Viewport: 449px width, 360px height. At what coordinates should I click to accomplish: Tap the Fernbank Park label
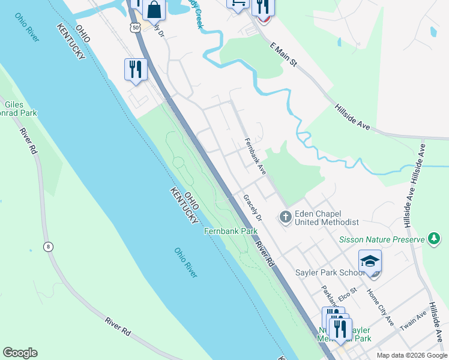(231, 231)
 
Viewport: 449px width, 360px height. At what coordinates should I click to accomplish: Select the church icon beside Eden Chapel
(286, 217)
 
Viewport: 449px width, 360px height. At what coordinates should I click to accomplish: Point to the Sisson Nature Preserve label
(382, 239)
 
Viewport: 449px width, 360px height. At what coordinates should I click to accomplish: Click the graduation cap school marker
(370, 262)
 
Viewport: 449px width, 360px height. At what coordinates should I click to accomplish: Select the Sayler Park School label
(329, 272)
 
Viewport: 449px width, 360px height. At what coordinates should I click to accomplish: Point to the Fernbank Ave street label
(255, 157)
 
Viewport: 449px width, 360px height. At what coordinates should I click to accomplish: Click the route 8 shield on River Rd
(47, 246)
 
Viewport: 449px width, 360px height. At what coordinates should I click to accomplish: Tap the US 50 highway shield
(135, 28)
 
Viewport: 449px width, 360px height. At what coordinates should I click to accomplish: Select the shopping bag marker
(154, 10)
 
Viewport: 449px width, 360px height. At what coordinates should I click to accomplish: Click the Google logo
(20, 353)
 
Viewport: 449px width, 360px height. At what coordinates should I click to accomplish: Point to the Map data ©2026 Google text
(412, 355)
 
